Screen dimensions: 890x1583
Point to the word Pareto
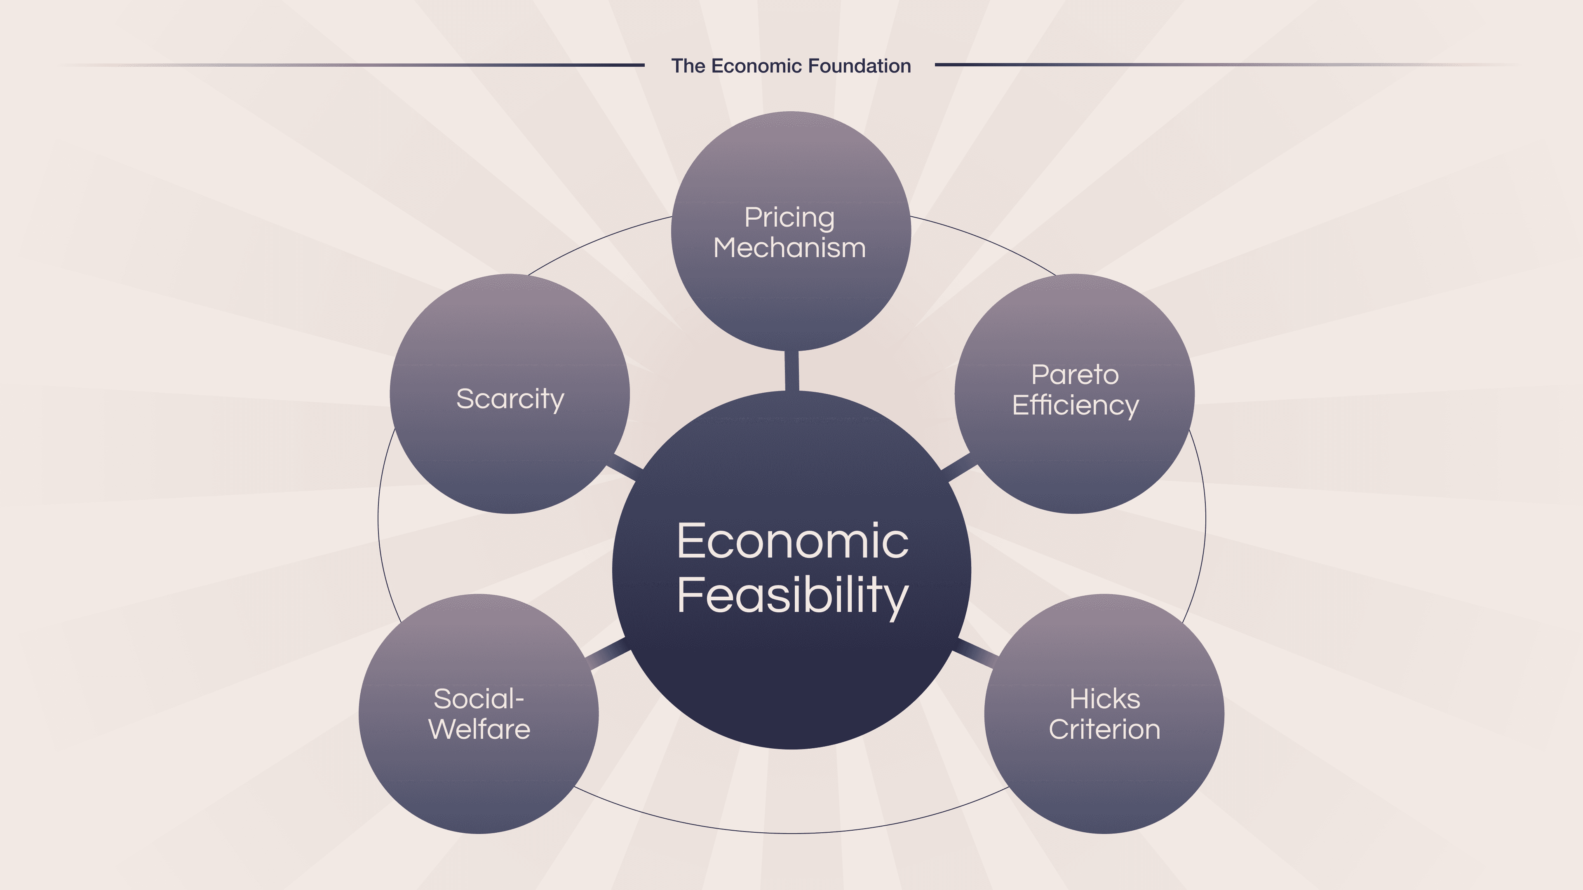point(1075,375)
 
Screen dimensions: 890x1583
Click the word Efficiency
point(1075,405)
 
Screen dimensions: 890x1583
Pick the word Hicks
point(1104,699)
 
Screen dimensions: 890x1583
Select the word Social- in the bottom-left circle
point(479,699)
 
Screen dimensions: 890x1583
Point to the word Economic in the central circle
point(792,542)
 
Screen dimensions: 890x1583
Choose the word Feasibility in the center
point(792,595)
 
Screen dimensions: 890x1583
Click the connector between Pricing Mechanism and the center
point(792,370)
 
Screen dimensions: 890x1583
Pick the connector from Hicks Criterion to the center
point(975,652)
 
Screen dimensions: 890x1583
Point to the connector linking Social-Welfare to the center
point(608,654)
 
